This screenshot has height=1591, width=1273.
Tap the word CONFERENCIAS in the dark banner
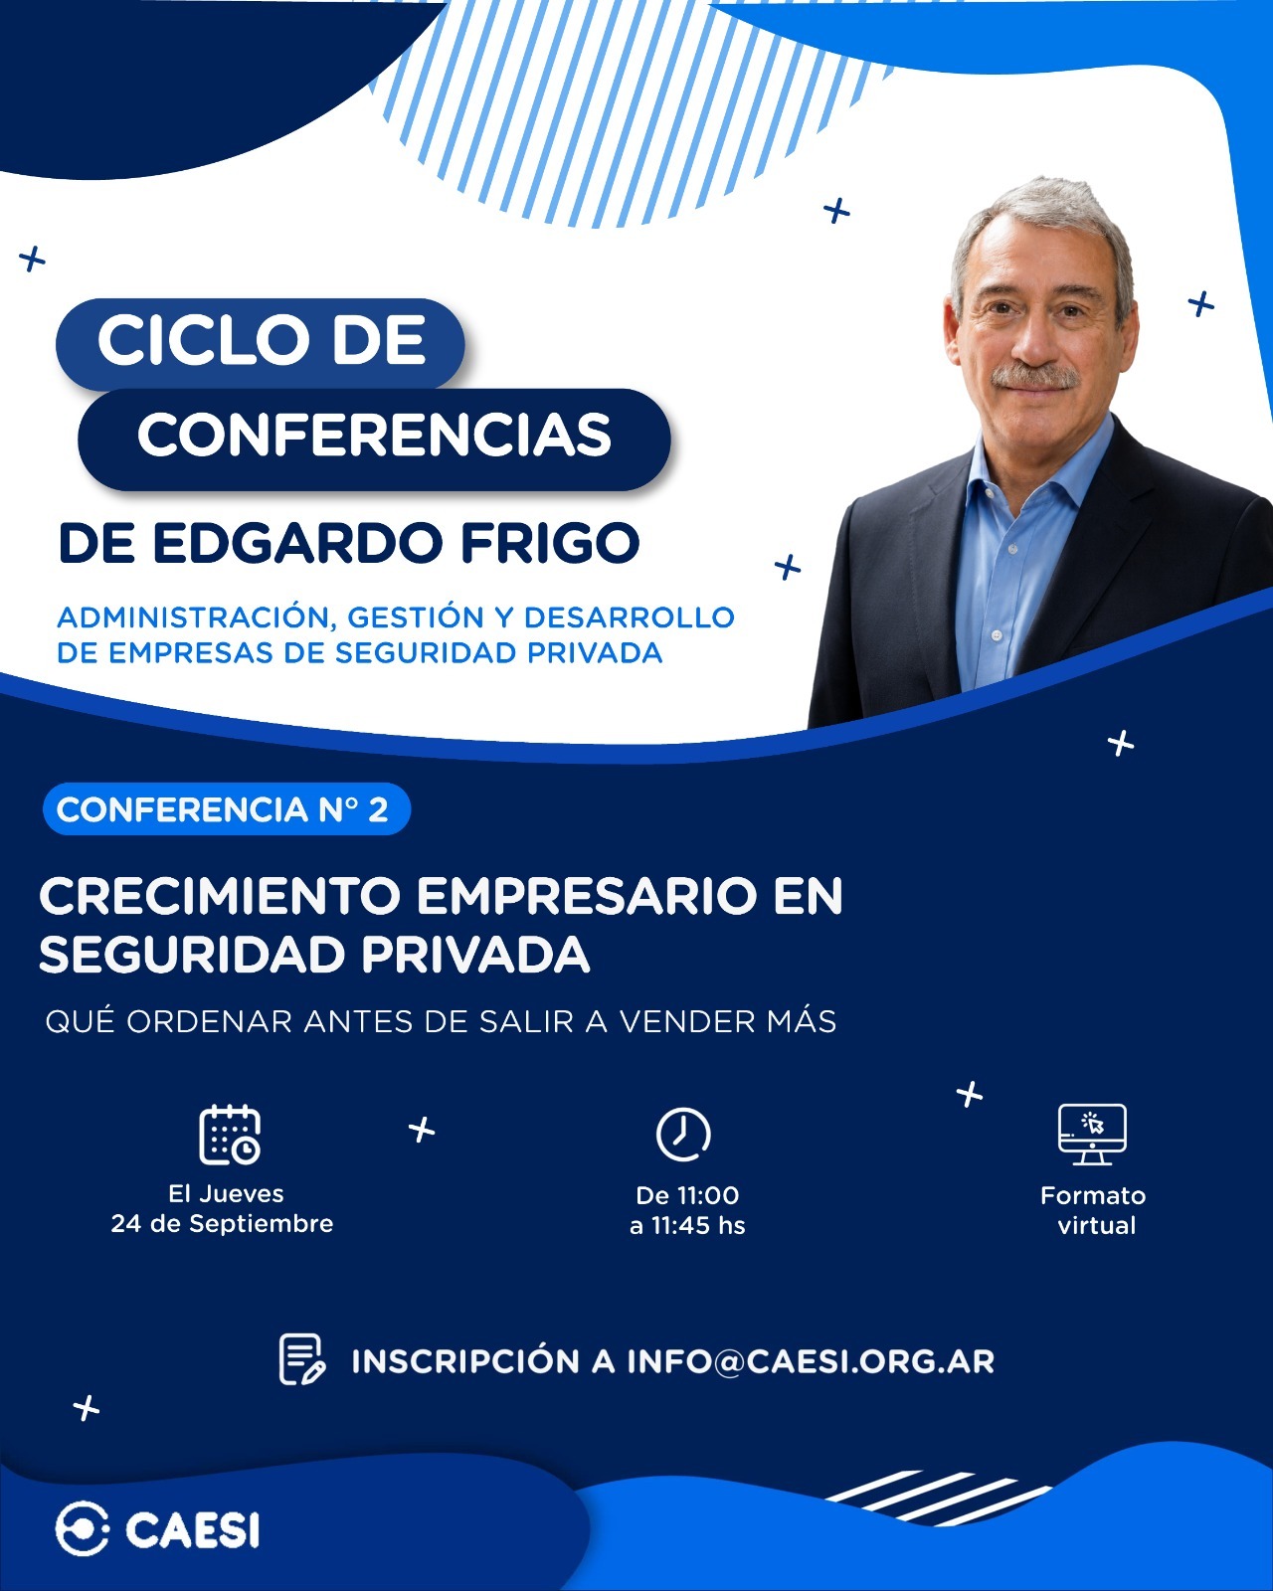374,435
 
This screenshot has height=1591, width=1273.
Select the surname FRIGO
550,543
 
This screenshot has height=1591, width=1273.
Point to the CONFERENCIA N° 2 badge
227,809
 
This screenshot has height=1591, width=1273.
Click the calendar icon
230,1135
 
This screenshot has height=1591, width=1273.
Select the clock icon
683,1135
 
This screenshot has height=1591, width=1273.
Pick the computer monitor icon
1093,1135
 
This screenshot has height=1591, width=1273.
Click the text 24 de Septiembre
222,1224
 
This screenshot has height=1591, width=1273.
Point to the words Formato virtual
1093,1210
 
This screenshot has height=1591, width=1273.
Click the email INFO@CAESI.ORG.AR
811,1362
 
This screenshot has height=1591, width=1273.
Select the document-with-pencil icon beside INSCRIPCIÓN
301,1359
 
